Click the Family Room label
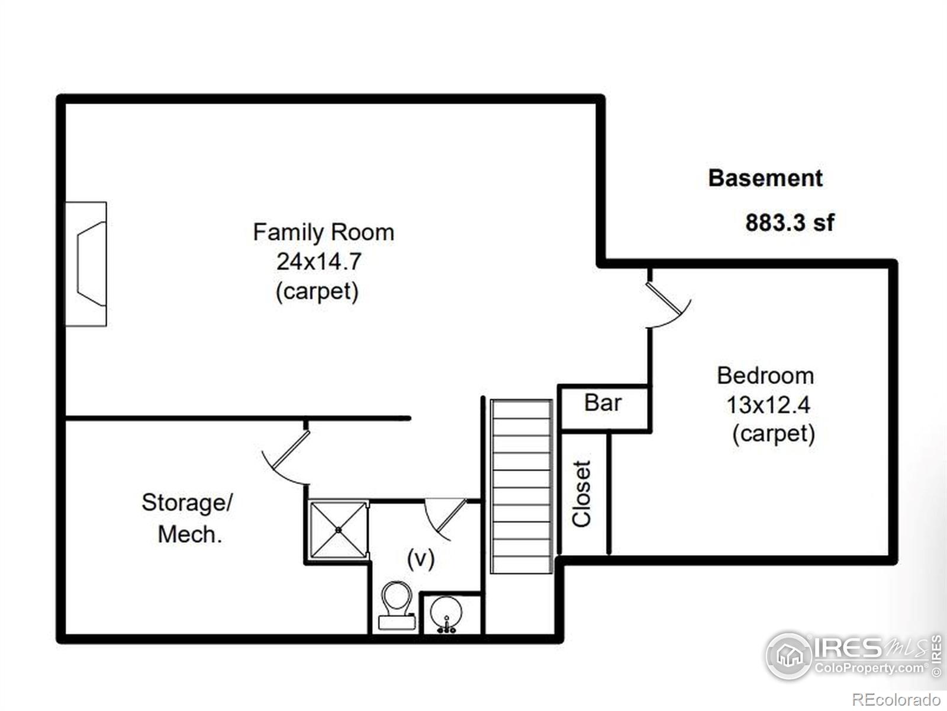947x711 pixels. (x=324, y=232)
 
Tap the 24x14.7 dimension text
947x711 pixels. (x=318, y=262)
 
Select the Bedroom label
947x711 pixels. (x=765, y=376)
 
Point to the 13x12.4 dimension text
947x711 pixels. (x=768, y=405)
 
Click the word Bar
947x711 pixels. (x=603, y=403)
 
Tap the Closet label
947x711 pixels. (x=582, y=494)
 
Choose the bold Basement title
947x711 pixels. (x=765, y=178)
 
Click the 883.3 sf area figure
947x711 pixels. (x=790, y=223)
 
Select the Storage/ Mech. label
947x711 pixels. (x=187, y=518)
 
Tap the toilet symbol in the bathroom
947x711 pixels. (x=397, y=605)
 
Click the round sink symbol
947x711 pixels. (x=446, y=613)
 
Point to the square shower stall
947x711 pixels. (x=339, y=530)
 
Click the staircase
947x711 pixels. (x=521, y=486)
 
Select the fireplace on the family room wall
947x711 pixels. (x=86, y=264)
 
